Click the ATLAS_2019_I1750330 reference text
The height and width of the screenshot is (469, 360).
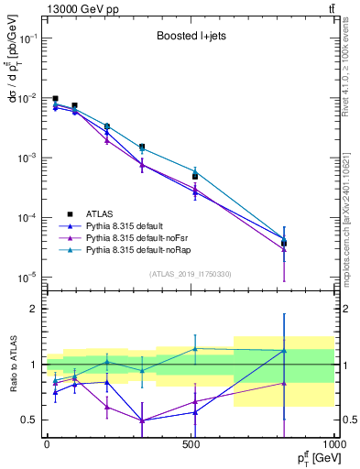coord(190,274)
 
